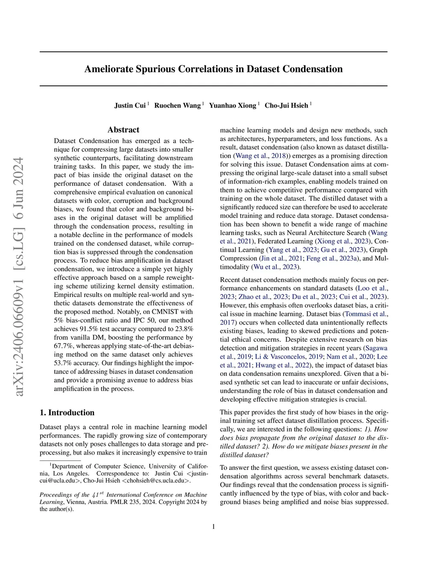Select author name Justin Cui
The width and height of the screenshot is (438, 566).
click(130, 106)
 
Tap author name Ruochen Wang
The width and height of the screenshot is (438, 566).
click(177, 106)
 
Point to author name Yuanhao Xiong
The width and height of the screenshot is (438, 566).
click(232, 106)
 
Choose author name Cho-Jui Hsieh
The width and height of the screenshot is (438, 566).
click(286, 106)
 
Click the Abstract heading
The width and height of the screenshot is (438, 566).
click(123, 130)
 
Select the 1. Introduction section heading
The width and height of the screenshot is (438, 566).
click(67, 413)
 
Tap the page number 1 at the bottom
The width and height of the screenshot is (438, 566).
click(213, 526)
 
